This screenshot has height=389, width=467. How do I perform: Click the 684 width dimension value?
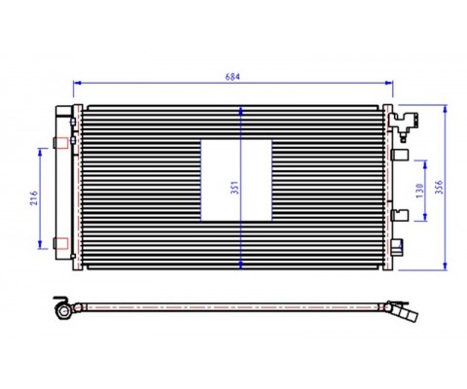[233, 77]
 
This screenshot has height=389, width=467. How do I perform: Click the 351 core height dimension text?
[234, 188]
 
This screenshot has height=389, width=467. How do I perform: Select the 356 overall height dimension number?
[439, 188]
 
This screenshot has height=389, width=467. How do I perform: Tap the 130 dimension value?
[419, 191]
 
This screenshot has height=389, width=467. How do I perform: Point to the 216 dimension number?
[34, 198]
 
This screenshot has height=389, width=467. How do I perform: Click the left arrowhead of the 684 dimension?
[77, 83]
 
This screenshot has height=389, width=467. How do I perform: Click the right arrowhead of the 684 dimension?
[389, 83]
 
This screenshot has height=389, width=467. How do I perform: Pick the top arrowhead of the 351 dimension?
[240, 111]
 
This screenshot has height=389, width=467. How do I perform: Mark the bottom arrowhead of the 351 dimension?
[240, 265]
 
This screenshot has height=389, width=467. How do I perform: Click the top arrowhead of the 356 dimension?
[445, 109]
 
